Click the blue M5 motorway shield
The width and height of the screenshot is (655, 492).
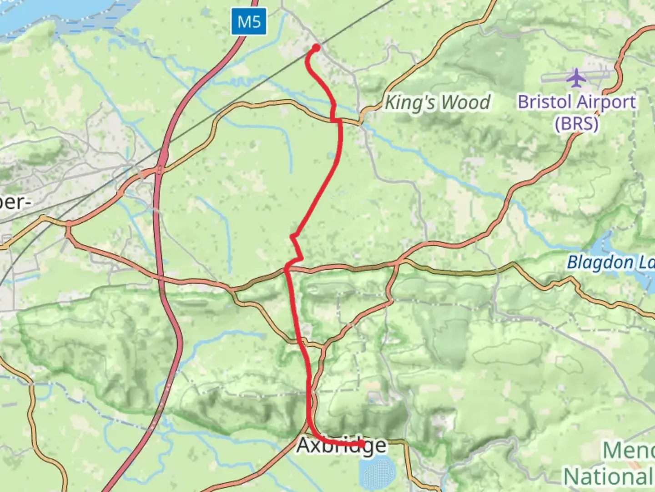pyautogui.click(x=248, y=21)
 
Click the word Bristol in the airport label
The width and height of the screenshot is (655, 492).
pyautogui.click(x=544, y=102)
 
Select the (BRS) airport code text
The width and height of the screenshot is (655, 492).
pyautogui.click(x=576, y=123)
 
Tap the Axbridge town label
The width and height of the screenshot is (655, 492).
pyautogui.click(x=341, y=446)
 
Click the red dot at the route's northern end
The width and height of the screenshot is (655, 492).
pyautogui.click(x=316, y=47)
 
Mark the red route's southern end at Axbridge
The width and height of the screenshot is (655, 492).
pyautogui.click(x=362, y=443)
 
